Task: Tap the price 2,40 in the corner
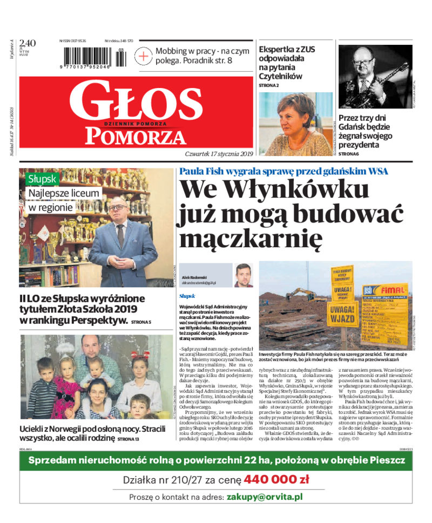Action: pos(27,43)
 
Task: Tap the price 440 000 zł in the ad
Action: pos(276,479)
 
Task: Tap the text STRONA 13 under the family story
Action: pos(129,439)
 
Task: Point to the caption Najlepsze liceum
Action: pos(64,193)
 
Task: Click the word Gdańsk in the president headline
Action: pos(356,127)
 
